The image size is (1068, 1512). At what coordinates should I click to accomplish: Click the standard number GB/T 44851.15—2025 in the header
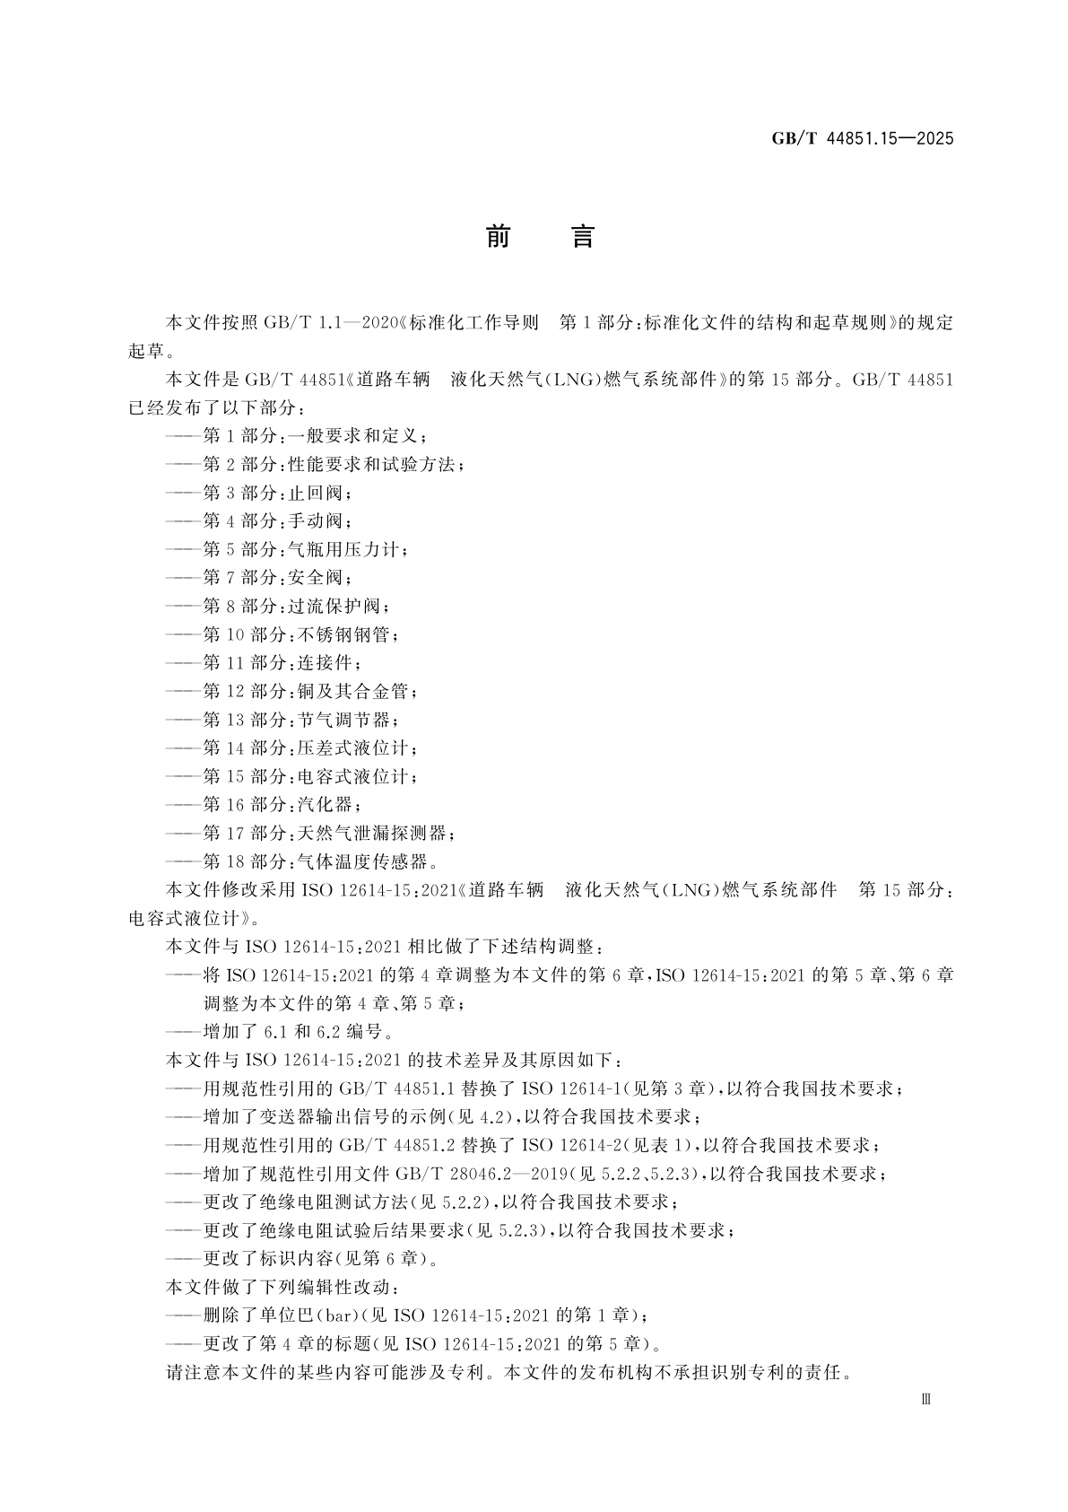pyautogui.click(x=862, y=139)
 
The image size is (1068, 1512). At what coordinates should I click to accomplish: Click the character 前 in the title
pyautogui.click(x=498, y=237)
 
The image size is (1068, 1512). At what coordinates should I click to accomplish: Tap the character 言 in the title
pyautogui.click(x=582, y=237)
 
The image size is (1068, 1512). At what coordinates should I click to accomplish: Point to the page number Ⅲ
pyautogui.click(x=926, y=1398)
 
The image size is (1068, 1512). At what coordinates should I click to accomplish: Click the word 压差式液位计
pyautogui.click(x=355, y=748)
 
